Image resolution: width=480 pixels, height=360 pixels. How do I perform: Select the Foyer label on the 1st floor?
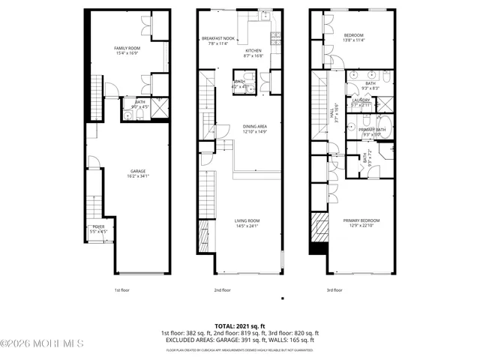tap(99, 226)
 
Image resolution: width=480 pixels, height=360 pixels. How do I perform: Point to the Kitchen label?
tap(253, 50)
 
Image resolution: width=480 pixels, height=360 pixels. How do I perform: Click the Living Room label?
tap(247, 220)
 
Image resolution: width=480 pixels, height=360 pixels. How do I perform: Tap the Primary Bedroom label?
tap(361, 220)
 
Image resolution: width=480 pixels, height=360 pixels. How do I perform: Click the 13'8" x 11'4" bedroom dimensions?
tap(355, 40)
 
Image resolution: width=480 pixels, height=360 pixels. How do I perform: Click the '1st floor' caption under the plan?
tap(124, 289)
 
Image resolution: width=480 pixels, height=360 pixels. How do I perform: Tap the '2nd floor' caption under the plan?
tap(222, 289)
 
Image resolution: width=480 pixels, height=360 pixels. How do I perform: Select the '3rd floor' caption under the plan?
tap(334, 289)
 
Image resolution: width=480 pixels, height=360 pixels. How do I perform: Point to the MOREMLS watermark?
tap(42, 343)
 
